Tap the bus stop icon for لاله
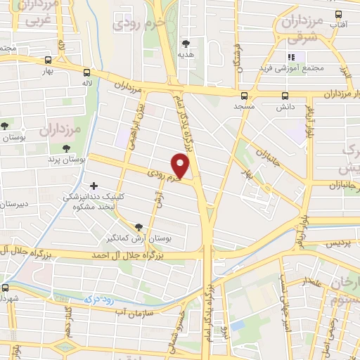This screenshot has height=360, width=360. pyautogui.click(x=86, y=72)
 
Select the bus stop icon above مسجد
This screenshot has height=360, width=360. pyautogui.click(x=244, y=96)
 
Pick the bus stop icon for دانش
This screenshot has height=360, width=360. pyautogui.click(x=285, y=96)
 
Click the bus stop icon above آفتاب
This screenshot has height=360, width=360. pyautogui.click(x=338, y=13)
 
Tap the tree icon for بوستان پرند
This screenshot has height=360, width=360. pyautogui.click(x=66, y=148)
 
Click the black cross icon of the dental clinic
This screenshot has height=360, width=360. pyautogui.click(x=94, y=186)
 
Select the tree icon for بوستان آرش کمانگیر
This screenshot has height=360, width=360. pyautogui.click(x=138, y=226)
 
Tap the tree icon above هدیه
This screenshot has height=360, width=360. pyautogui.click(x=186, y=44)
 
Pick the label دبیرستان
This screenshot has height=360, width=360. pyautogui.click(x=13, y=204)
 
